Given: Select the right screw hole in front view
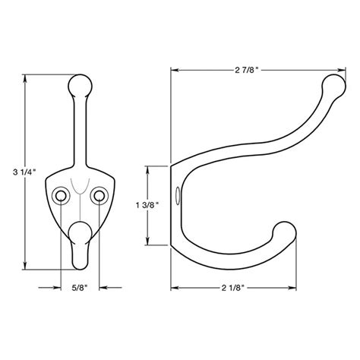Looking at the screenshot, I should pos(98,198).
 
